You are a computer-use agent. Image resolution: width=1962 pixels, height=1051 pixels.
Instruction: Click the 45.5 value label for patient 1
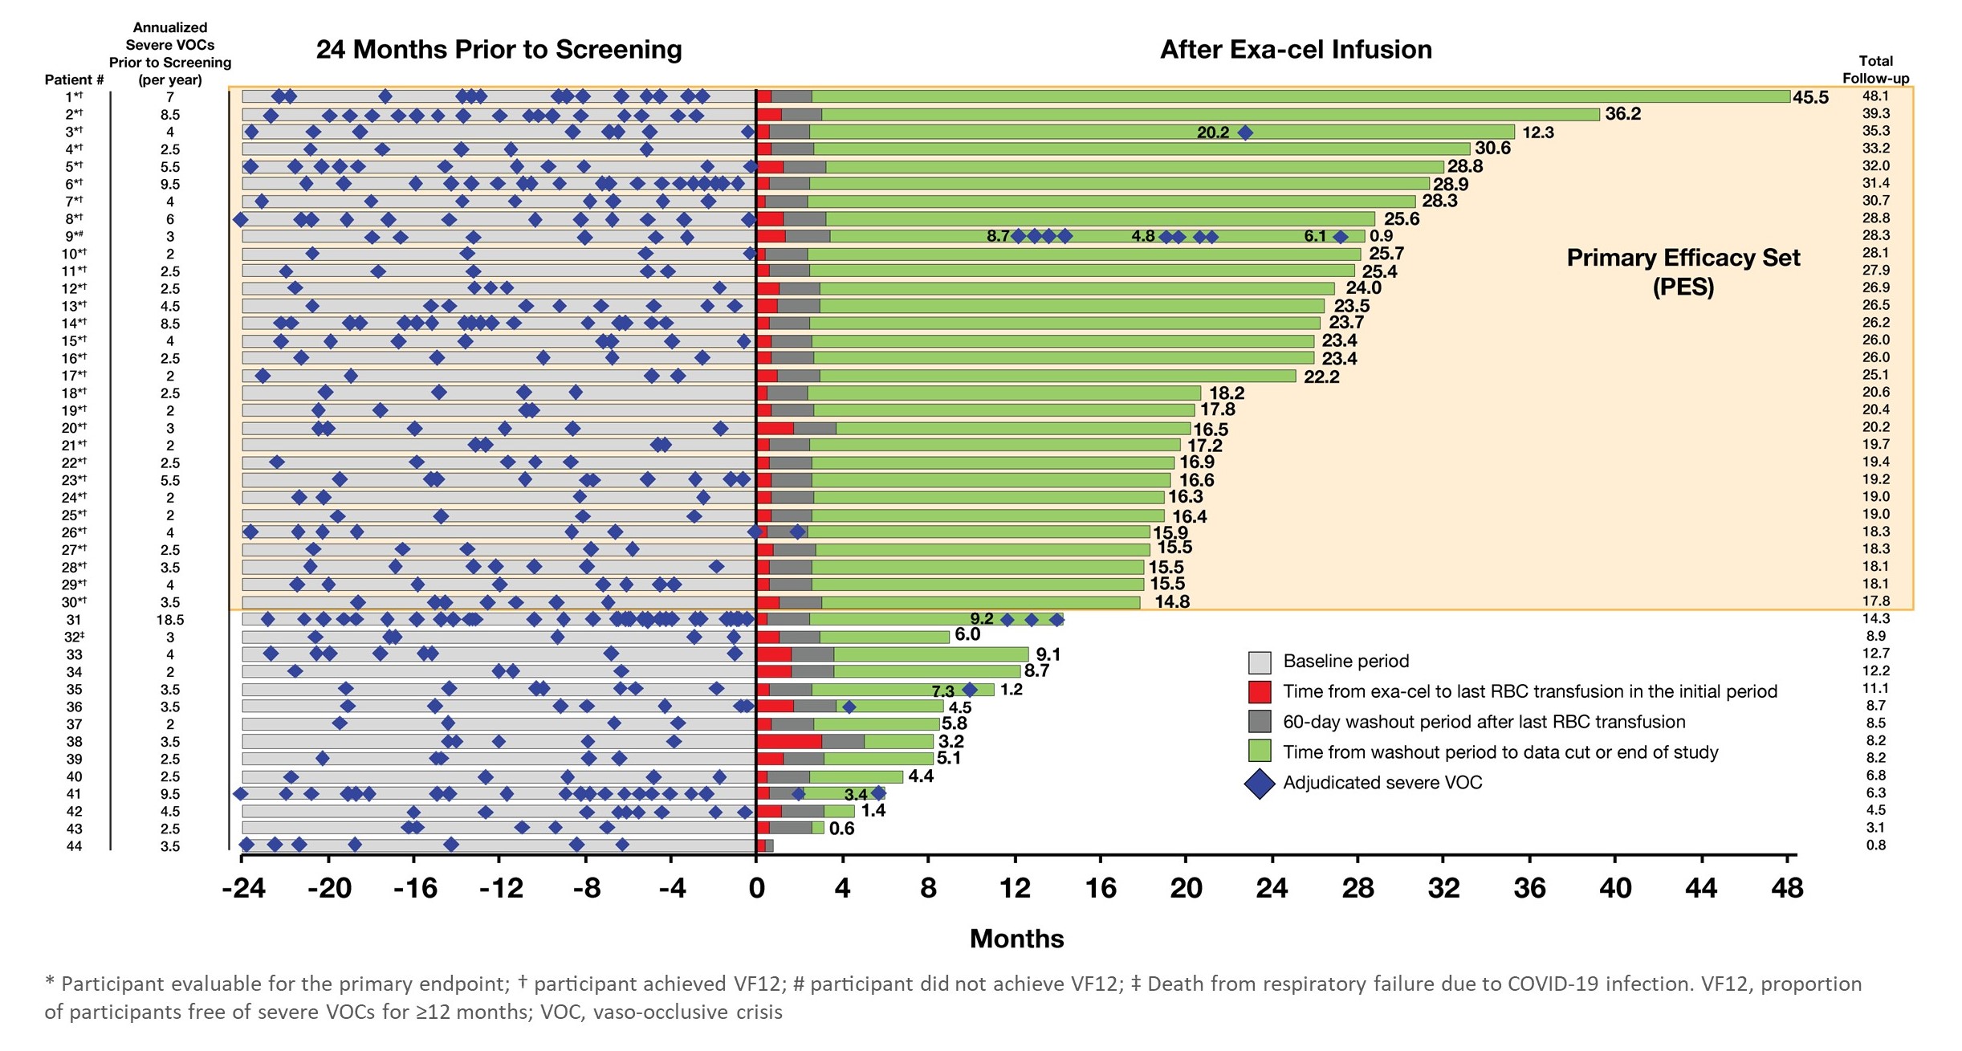coord(1810,98)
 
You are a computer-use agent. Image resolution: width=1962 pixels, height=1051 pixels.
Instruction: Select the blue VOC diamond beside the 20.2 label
coord(1244,132)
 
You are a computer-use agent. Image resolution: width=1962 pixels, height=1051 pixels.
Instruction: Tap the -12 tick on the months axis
coord(501,889)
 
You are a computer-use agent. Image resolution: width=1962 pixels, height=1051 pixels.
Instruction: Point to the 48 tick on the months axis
coord(1787,889)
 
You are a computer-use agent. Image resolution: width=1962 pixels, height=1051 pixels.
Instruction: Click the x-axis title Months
coord(1016,939)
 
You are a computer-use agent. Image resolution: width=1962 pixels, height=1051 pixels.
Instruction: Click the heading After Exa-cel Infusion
coord(1295,50)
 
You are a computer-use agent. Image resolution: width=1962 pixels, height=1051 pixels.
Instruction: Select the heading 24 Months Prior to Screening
coord(499,50)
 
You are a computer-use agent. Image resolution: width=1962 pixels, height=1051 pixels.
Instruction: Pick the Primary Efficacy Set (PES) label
coord(1683,271)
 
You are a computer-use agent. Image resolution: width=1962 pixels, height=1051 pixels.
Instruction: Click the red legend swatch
coord(1260,691)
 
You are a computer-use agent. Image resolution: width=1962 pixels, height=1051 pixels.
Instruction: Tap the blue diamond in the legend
coord(1260,783)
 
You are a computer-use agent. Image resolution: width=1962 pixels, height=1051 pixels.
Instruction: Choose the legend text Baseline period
coord(1345,661)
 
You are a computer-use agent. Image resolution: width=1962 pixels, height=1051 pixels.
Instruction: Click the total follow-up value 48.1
coord(1875,96)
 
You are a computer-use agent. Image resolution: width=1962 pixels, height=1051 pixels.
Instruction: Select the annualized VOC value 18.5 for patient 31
coord(170,620)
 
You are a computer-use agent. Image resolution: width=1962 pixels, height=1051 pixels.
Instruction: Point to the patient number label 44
coord(74,846)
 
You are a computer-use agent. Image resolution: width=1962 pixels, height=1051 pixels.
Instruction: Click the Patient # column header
coord(74,79)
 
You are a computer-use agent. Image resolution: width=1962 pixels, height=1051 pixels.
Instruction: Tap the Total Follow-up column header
coord(1875,70)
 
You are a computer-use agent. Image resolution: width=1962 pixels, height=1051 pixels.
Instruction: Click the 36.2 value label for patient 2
coord(1622,114)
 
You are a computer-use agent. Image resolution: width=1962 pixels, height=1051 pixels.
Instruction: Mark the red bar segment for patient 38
coord(789,741)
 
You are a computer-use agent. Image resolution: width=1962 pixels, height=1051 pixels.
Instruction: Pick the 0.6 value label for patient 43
coord(841,829)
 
